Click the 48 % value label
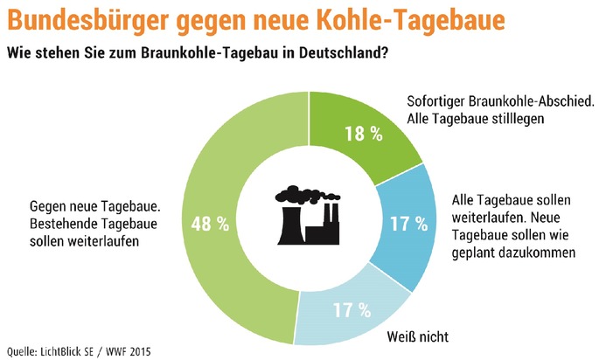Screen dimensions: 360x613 click(x=212, y=224)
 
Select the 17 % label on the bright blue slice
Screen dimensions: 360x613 click(x=407, y=224)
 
